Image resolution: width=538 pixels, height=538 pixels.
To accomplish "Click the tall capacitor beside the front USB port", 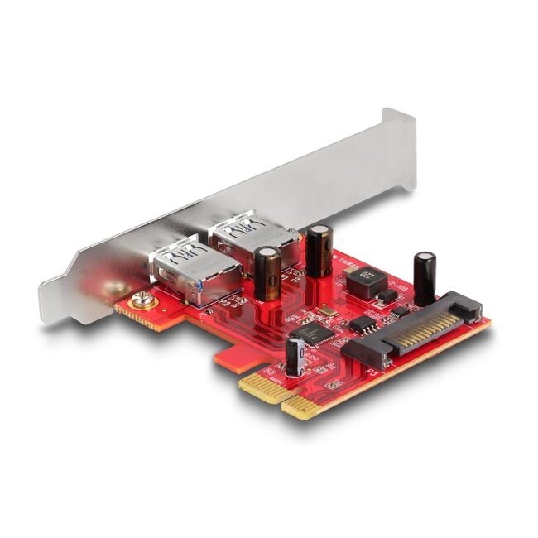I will (267, 272).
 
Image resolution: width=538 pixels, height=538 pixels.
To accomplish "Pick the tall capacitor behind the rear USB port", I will (319, 250).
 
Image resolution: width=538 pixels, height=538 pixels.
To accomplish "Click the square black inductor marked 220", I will (365, 282).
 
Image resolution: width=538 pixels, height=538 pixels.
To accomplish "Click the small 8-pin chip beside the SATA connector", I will (361, 324).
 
